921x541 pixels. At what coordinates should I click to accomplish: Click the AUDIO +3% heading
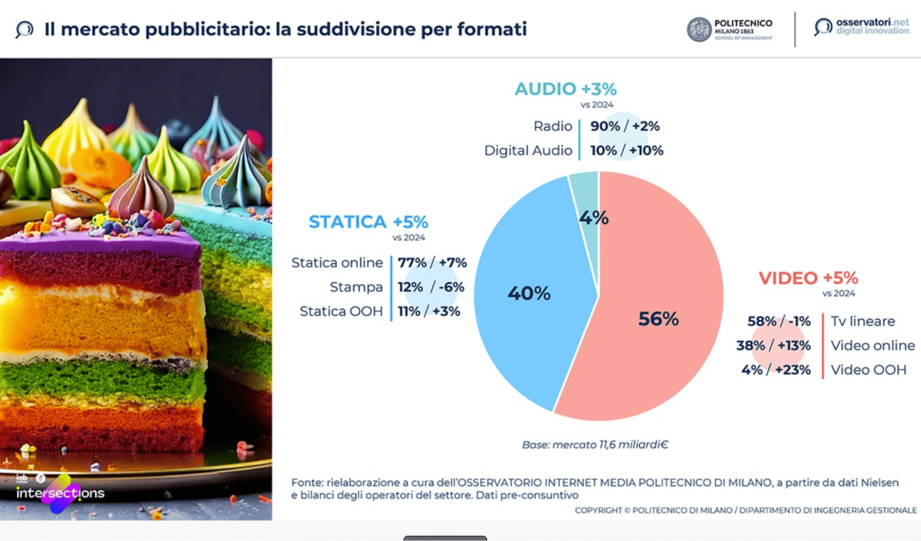[x=565, y=89]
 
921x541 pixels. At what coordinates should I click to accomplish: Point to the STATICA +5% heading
[x=368, y=222]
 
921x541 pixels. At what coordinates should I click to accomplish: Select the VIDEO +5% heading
[x=808, y=278]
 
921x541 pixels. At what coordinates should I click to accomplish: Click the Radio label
[x=552, y=126]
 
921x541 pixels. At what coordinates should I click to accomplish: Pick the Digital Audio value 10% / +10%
[x=627, y=151]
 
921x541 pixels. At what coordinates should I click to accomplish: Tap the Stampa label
[x=356, y=287]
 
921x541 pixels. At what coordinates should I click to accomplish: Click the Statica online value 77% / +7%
[x=432, y=263]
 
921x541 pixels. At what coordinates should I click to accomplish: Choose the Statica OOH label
[x=341, y=312]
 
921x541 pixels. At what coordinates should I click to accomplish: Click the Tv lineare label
[x=862, y=321]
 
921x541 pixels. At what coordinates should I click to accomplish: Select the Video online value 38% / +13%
[x=773, y=346]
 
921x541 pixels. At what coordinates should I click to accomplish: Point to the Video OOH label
[x=868, y=370]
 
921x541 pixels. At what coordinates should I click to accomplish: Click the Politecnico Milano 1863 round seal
[x=699, y=29]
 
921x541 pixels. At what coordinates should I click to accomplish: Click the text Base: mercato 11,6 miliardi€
[x=595, y=445]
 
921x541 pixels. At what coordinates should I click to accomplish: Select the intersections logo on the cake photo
[x=60, y=493]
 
